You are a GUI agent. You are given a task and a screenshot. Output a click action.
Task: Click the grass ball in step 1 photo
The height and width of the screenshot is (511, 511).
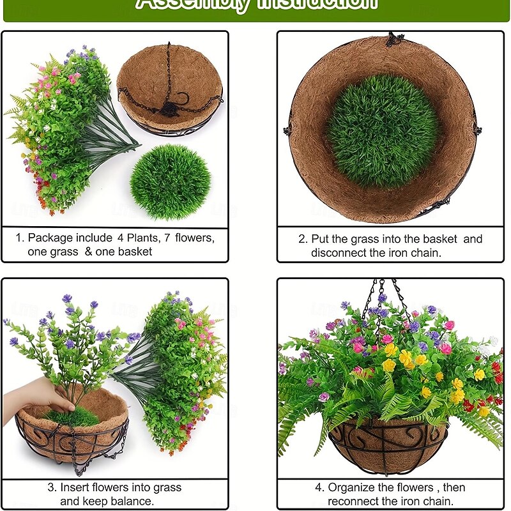170,182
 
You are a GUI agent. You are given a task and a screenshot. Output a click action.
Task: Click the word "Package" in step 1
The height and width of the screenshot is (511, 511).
52,238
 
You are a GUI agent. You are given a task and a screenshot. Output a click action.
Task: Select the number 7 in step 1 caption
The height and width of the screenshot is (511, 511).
168,238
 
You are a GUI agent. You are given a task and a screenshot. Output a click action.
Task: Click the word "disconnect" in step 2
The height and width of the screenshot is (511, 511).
339,252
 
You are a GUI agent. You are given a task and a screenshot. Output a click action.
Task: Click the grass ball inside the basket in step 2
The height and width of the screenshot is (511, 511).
382,130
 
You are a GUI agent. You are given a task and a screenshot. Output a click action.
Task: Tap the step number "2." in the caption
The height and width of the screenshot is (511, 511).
303,239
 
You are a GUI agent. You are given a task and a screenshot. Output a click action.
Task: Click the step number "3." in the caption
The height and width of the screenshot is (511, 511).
52,487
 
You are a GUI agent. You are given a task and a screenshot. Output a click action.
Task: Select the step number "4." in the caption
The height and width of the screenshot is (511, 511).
319,487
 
